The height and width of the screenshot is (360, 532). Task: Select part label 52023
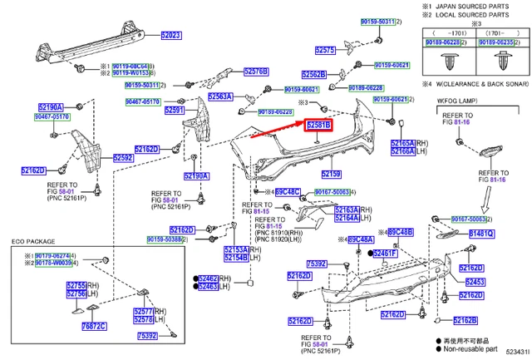(x=170, y=36)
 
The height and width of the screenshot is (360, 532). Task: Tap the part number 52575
(x=325, y=50)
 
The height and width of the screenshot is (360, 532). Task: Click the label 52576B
(x=257, y=72)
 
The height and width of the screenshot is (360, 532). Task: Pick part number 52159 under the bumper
(x=331, y=175)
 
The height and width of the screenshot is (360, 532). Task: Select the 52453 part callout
(x=474, y=283)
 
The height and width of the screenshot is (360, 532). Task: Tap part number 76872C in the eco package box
(x=94, y=327)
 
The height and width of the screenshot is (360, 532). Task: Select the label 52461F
(x=385, y=254)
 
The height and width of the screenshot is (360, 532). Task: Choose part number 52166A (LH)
(x=402, y=151)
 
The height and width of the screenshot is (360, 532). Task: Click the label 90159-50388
(x=166, y=239)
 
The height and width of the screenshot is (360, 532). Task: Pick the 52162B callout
(x=466, y=320)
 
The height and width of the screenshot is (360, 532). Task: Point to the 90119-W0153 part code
(x=124, y=73)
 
